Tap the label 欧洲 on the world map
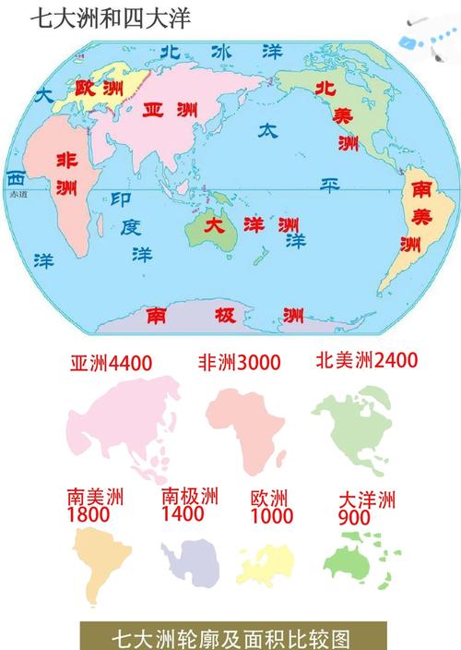[x=97, y=89]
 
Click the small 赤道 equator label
[x=18, y=195]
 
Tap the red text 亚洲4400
[x=111, y=363]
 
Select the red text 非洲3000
[x=239, y=363]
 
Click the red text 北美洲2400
[x=367, y=359]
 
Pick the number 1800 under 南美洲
[x=86, y=513]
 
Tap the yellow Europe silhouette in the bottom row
[x=267, y=561]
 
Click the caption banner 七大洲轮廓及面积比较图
[x=230, y=636]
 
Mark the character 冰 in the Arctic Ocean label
[x=220, y=52]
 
